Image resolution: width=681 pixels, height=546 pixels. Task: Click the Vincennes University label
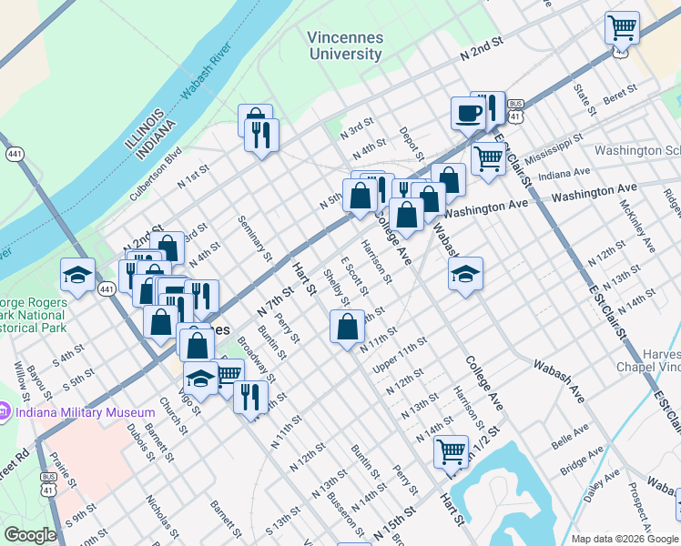345,46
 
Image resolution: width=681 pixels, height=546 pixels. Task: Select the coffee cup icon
468,114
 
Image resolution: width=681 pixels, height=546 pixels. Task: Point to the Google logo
30,535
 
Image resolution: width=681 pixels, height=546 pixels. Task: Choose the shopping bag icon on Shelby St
347,326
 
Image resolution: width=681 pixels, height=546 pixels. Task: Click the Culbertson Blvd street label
157,170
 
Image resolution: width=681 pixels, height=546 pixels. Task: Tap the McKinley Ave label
636,230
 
